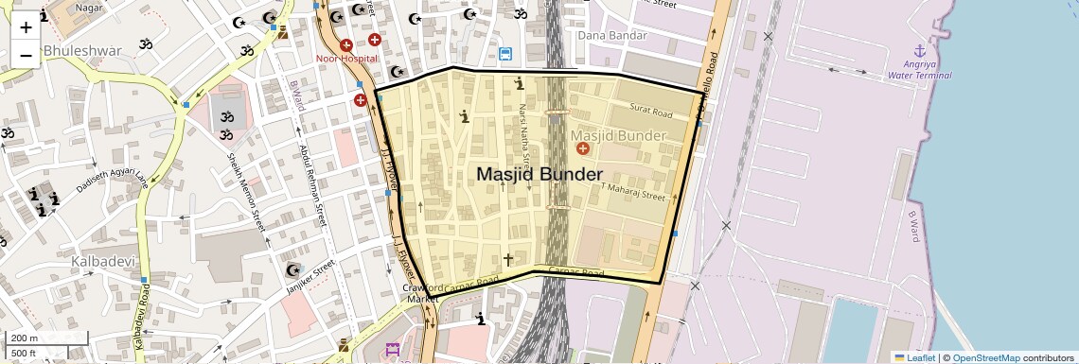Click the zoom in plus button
coord(26,26)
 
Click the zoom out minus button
coord(26,55)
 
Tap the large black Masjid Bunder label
coord(539,175)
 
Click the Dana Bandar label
coord(611,36)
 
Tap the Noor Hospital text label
coord(346,59)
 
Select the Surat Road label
coord(649,114)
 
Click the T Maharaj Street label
coord(633,192)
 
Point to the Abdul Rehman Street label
coord(311,183)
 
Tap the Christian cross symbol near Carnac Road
coord(508,259)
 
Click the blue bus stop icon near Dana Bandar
coord(505,55)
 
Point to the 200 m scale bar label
coord(24,338)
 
